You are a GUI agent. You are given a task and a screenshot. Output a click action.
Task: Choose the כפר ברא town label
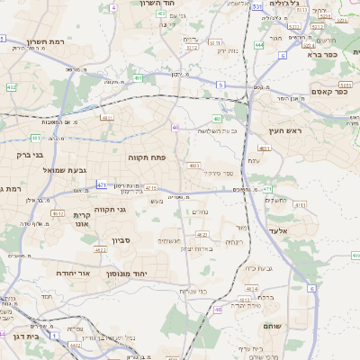coord(319,54)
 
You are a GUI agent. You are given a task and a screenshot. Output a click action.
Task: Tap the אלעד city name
coord(279,231)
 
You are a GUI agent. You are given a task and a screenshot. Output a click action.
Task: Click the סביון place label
coord(121,240)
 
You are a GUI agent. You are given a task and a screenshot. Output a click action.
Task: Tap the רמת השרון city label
coord(69,41)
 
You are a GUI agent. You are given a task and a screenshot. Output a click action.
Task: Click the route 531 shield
coord(257,6)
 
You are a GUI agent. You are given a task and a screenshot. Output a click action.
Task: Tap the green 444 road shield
coord(259,44)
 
